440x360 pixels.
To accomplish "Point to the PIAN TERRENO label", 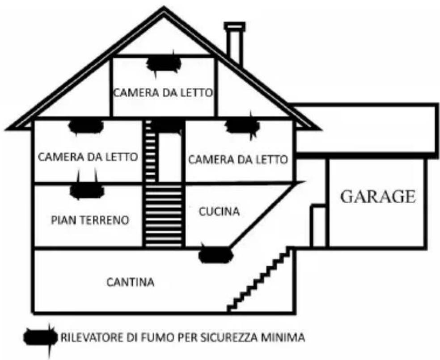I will click(90, 220).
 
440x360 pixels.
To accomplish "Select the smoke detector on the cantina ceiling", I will click(216, 254).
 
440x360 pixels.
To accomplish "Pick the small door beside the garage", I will click(317, 225).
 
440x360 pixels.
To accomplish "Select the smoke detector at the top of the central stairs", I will click(166, 125).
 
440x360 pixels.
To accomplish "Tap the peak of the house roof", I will click(165, 9).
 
